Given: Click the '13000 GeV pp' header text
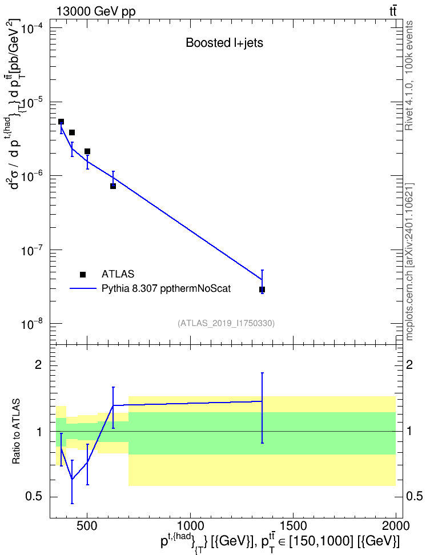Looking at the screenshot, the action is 95,11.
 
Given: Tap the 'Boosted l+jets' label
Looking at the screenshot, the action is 224,43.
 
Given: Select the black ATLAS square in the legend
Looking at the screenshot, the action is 83,274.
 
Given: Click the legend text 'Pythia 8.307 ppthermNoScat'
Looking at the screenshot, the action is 166,288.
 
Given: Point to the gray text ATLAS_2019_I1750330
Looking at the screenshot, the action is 226,323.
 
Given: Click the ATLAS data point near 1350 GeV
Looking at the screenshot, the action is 262,289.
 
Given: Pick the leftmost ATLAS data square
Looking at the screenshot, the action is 61,122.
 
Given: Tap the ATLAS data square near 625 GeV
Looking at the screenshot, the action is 113,186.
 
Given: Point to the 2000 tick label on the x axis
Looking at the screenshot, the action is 396,526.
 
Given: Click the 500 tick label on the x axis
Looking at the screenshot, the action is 87,526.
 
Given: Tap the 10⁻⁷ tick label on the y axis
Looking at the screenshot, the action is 32,250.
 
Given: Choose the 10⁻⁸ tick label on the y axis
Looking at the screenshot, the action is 32,324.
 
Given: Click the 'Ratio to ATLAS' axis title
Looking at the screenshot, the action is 16,431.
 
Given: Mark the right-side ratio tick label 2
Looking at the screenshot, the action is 409,364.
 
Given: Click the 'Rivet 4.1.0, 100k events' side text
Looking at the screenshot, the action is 409,75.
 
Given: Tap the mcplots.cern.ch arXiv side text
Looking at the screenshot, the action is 409,262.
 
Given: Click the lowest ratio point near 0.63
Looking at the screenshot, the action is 72,479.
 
